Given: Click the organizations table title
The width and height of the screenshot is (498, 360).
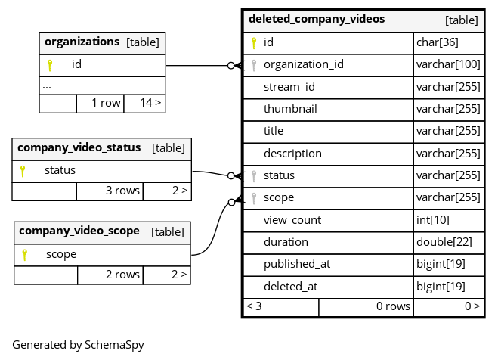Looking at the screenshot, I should (82, 42).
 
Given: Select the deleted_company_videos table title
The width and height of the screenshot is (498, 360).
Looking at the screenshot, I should (317, 19).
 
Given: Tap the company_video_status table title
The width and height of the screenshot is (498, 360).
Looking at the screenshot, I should (79, 147).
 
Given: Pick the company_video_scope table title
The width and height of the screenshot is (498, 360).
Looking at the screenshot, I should (79, 231).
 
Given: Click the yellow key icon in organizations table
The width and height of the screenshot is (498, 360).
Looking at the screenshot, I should (50, 65).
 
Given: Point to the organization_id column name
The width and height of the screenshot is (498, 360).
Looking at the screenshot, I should (303, 64).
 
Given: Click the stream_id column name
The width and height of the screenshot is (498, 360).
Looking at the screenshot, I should (289, 86).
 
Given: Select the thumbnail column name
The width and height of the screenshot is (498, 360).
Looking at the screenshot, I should (290, 108).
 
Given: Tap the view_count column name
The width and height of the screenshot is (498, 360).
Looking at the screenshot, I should (292, 220).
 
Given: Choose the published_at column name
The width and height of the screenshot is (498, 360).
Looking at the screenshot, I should (297, 264).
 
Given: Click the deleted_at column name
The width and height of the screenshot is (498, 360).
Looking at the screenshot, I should (291, 287).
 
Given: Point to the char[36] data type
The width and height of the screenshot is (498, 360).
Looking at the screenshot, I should (438, 42).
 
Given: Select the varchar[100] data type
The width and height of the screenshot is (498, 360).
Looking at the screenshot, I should (448, 64).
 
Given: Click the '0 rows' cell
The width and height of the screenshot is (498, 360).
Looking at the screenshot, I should (393, 306).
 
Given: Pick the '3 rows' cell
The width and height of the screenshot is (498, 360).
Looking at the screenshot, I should (122, 191).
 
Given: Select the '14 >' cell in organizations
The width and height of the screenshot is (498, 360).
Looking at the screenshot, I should (150, 102).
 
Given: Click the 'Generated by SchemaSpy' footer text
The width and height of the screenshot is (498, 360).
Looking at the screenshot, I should (78, 345).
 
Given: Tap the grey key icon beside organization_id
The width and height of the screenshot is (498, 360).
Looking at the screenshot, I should (254, 65).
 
